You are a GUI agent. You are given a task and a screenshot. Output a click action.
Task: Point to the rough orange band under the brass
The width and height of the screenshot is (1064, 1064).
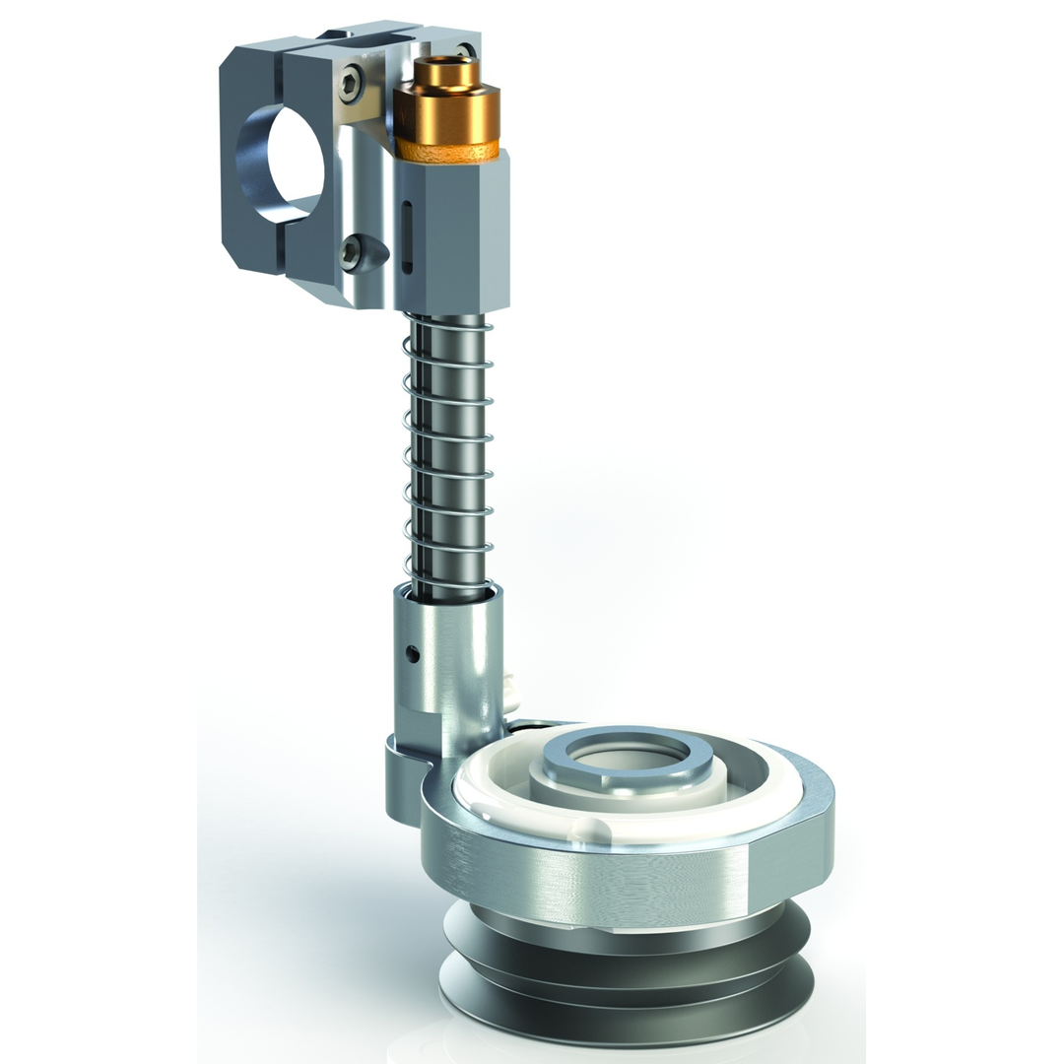(448, 152)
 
